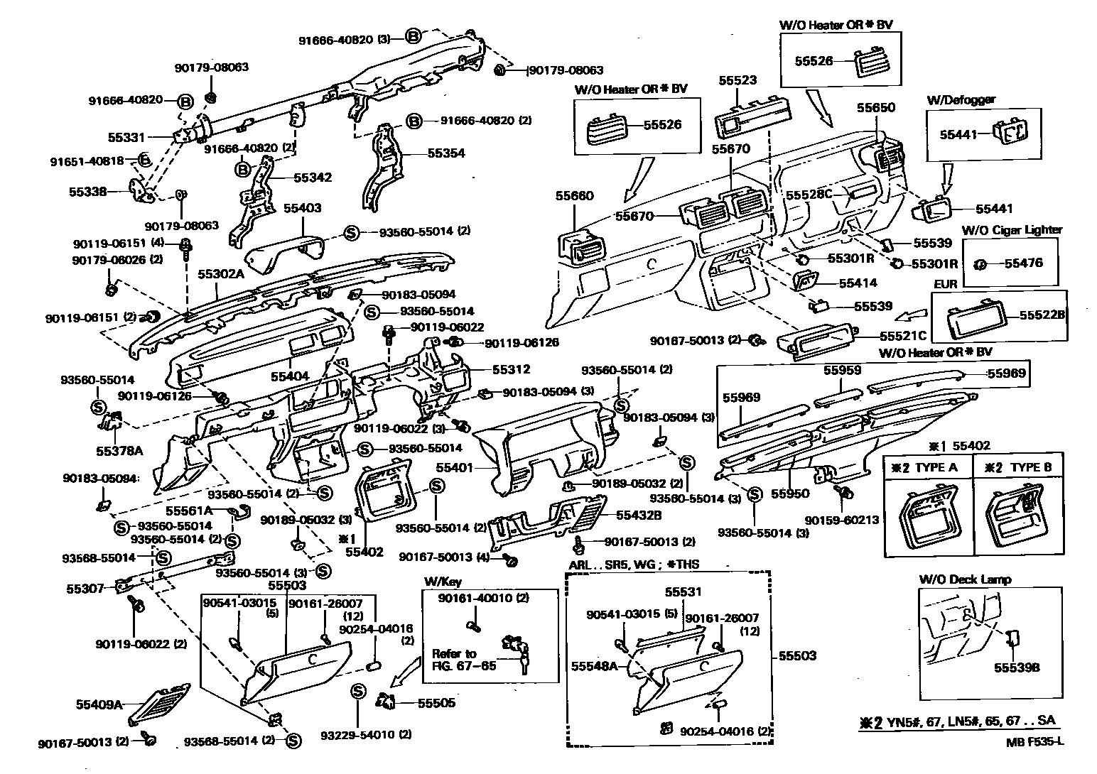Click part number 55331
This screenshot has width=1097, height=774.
[x=126, y=136]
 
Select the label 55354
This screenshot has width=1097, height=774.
[x=446, y=153]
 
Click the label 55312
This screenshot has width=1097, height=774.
[x=511, y=370]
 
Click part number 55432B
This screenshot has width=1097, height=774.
[x=638, y=516]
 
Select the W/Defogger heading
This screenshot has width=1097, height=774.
[x=961, y=99]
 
